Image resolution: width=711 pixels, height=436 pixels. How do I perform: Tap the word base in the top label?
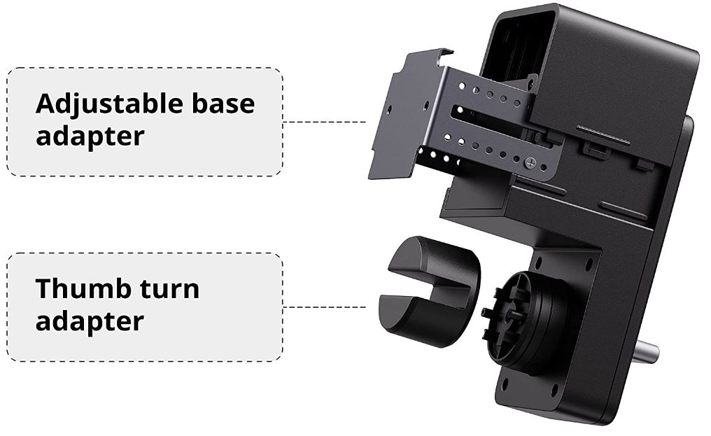[223, 103]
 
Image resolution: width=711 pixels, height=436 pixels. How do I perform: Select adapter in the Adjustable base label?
[90, 136]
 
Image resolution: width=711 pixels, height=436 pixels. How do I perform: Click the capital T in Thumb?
[45, 288]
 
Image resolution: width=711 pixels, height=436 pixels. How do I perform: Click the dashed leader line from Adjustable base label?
[325, 122]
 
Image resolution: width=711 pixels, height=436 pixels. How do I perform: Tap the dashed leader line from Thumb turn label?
[325, 307]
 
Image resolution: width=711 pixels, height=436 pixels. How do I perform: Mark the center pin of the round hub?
[512, 314]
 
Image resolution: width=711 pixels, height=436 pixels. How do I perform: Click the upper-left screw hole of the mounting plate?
[539, 262]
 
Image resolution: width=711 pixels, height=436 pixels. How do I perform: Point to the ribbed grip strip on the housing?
[603, 135]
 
